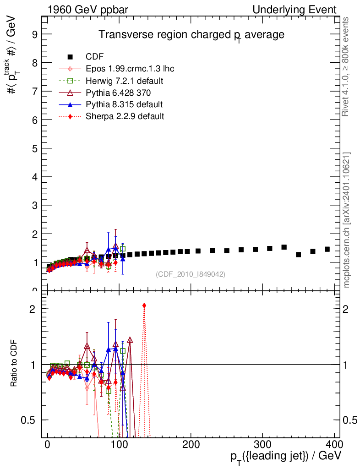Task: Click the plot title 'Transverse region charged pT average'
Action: (x=191, y=35)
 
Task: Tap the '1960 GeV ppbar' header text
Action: (x=87, y=10)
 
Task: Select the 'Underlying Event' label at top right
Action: (x=295, y=10)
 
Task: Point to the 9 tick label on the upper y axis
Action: (x=35, y=34)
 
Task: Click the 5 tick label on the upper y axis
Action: (x=35, y=148)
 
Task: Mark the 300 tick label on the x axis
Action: (x=262, y=445)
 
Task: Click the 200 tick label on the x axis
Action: (x=191, y=445)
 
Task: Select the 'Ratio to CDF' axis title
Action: (x=14, y=363)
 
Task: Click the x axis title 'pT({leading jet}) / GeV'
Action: (x=286, y=457)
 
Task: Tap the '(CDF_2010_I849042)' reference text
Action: (x=191, y=274)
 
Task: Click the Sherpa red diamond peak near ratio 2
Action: (x=144, y=305)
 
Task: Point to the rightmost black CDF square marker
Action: (x=327, y=249)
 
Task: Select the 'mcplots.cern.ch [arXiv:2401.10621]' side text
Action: (x=346, y=220)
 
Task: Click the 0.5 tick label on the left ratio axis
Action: (x=28, y=420)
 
